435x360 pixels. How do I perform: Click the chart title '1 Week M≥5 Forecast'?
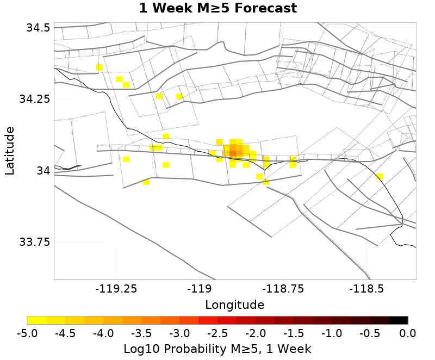(217, 9)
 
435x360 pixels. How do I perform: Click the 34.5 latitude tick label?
(38, 27)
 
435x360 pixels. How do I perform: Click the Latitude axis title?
(10, 151)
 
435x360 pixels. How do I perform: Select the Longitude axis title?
(235, 305)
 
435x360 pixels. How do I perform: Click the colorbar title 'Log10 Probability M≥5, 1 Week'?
(217, 348)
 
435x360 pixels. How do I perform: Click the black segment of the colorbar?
(398, 320)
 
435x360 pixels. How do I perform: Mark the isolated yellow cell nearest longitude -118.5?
(379, 176)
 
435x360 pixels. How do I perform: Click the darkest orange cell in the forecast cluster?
(233, 153)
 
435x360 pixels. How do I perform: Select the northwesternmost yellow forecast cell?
(100, 67)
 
